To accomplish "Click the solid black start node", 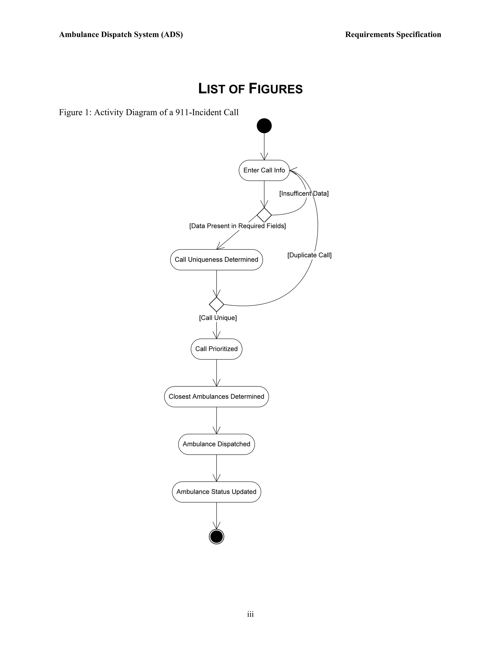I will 264,126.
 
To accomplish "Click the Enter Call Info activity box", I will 264,170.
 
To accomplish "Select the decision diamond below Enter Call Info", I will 264,215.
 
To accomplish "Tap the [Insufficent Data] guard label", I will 304,193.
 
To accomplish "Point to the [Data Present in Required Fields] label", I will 238,226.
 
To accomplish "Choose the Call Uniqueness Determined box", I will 216,260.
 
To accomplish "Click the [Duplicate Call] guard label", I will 309,255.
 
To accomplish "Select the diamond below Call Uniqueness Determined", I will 216,304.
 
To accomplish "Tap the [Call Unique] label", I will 218,318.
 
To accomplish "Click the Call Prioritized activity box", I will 216,349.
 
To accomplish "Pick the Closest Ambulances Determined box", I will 216,397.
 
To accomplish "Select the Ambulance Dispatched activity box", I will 216,444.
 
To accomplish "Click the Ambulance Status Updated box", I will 216,492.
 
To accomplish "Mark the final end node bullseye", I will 216,536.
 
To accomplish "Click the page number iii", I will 250,614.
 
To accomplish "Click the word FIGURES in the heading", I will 275,89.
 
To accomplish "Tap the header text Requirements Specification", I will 393,35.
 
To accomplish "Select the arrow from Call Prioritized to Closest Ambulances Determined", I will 216,373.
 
